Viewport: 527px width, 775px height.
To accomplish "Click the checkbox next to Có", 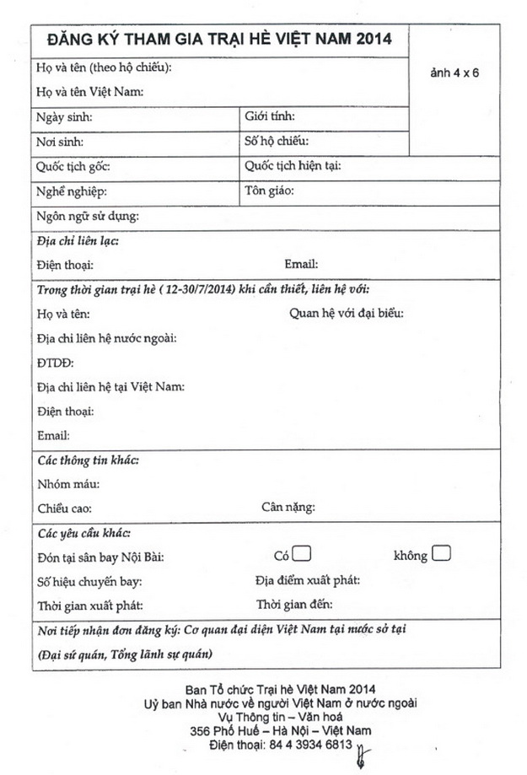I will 303,554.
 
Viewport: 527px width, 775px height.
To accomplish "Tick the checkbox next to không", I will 442,554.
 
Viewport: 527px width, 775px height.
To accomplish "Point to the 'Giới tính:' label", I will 270,116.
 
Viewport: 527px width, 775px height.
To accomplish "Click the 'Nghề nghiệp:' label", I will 72,191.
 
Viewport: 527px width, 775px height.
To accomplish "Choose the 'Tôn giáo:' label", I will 269,191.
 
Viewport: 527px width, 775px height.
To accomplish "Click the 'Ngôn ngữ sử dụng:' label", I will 88,217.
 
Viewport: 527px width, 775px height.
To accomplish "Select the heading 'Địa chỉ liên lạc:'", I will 78,241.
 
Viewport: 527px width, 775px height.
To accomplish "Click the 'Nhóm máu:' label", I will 68,484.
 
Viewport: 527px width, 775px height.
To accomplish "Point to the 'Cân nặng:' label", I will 288,508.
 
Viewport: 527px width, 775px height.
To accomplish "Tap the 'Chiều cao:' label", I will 65,509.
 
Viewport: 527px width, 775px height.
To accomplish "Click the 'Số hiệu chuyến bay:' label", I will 90,581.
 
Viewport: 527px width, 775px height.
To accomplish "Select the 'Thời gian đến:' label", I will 294,605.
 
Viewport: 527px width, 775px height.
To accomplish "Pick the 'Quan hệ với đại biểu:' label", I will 346,314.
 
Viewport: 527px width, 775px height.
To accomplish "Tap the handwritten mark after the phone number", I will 364,751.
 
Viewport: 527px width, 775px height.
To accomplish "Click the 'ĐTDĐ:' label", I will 56,363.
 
